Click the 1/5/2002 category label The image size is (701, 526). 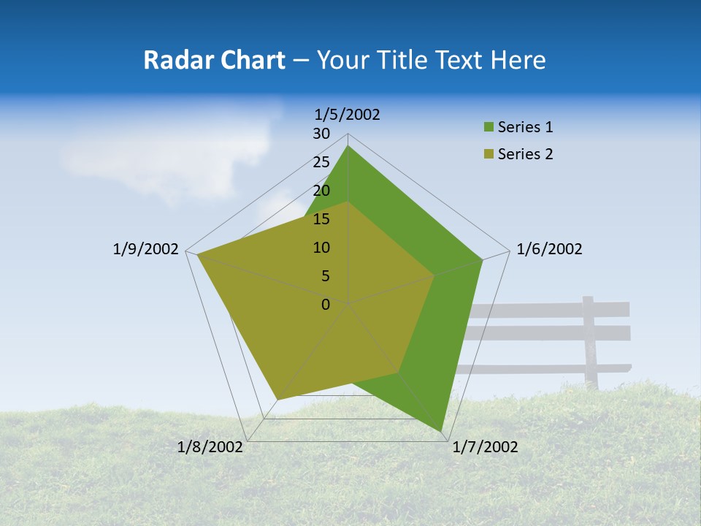coord(348,114)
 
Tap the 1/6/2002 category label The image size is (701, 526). coord(549,249)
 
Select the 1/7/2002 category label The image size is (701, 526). coord(485,447)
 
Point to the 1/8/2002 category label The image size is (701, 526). coord(210,447)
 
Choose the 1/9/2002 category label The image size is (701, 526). coord(146,249)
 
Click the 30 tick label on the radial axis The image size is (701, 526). coord(321,134)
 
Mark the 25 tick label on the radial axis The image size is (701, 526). coord(321,162)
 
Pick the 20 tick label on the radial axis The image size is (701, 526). coord(321,191)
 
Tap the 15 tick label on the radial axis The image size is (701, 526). coord(321,219)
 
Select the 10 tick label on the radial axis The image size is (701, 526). coord(321,248)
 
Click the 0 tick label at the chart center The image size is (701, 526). coord(326,305)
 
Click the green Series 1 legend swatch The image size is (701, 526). coord(489,128)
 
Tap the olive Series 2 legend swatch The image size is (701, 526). coord(489,154)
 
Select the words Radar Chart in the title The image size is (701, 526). coord(214,60)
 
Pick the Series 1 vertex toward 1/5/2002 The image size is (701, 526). coord(348,146)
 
